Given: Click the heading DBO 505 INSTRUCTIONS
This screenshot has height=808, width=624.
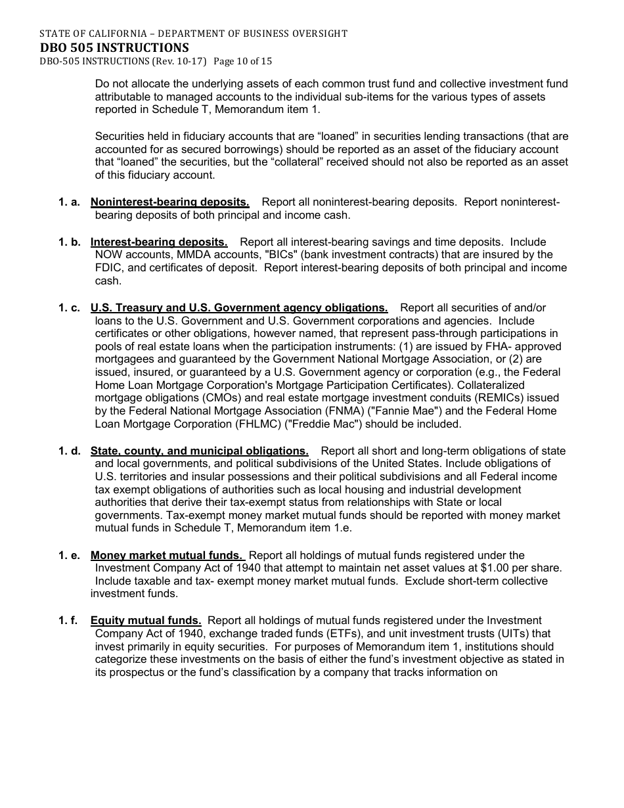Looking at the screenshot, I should pos(114,47).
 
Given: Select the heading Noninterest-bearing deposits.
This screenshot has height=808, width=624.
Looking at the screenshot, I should pos(169,202).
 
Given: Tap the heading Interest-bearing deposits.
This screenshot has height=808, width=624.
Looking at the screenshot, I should pos(159,242).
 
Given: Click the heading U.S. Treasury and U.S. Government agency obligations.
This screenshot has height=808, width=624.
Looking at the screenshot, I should pos(239,307).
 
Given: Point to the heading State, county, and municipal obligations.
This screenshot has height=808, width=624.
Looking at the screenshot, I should pos(199,451).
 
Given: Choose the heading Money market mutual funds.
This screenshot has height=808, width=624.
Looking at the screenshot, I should pos(166,555).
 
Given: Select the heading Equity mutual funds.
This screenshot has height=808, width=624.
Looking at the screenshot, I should pos(146,620).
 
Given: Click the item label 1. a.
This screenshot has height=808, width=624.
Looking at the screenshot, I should pos(70,202).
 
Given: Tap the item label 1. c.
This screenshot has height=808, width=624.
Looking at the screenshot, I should pos(70,307).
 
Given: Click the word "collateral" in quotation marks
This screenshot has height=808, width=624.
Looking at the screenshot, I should pos(353,162).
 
